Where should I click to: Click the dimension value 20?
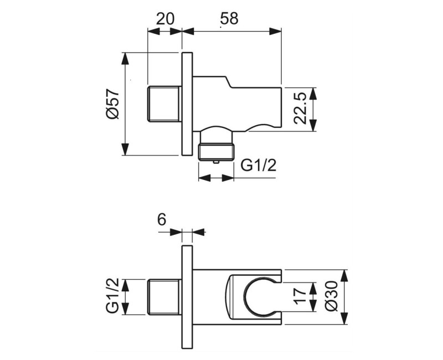point(165,18)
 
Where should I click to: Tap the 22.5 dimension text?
point(300,109)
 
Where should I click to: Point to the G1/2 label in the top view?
point(259,166)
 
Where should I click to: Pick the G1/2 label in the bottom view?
point(112,297)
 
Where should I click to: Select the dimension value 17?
point(300,298)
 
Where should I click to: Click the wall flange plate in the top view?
point(187,104)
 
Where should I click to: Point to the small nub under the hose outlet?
point(216,161)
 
